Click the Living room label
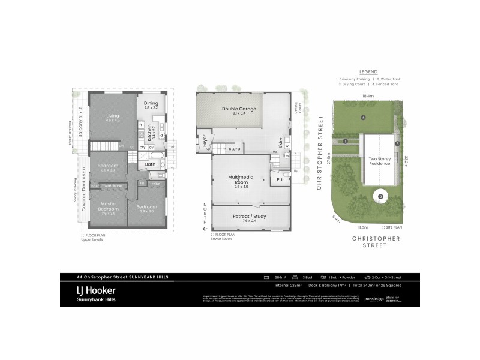(113, 116)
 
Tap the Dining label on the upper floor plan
(151, 103)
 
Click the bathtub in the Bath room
(150, 155)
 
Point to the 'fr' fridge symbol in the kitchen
(140, 124)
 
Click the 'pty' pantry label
(142, 146)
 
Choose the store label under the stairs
(235, 149)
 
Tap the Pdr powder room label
(280, 179)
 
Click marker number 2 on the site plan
(380, 196)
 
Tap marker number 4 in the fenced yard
(364, 117)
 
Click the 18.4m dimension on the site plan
(368, 95)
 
